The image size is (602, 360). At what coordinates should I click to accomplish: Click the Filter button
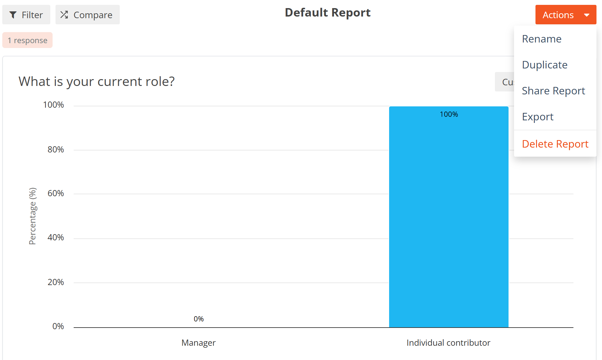click(26, 15)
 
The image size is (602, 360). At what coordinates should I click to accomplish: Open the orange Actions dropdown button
click(566, 15)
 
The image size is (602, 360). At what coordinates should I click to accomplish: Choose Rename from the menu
click(542, 39)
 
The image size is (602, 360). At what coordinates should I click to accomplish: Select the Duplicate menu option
click(545, 65)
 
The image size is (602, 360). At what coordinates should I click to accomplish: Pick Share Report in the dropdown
click(553, 91)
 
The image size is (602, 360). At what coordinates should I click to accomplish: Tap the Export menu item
click(538, 117)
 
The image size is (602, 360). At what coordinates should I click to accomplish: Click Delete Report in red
click(555, 144)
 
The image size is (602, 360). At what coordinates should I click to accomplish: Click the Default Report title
click(328, 13)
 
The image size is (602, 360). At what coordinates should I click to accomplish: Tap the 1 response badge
click(28, 40)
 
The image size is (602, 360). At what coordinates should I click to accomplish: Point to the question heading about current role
click(97, 81)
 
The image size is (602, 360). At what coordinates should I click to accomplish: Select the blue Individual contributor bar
click(449, 217)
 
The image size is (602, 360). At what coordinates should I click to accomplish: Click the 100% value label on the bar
click(449, 114)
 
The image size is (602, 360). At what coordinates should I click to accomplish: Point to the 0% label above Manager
click(199, 319)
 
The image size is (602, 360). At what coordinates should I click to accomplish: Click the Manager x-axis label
click(199, 343)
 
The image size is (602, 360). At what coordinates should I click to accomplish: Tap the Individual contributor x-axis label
click(448, 343)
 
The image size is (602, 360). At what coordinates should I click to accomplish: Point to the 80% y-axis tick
click(56, 150)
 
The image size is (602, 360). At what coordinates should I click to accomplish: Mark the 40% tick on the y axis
click(56, 237)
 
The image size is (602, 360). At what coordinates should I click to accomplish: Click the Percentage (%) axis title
click(33, 216)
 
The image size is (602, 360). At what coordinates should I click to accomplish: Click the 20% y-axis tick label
click(56, 282)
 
